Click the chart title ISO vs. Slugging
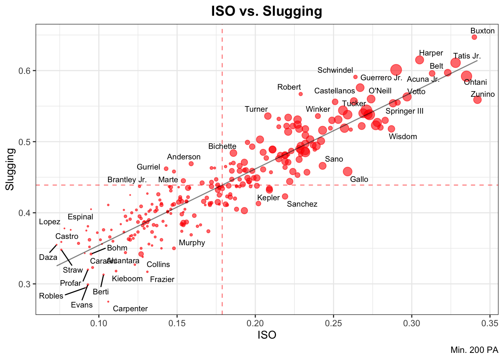tap(267, 11)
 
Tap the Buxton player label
tap(482, 31)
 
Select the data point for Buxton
tap(474, 37)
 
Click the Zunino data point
tap(477, 100)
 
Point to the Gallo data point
tap(348, 171)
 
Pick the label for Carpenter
tap(130, 309)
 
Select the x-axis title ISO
tap(267, 335)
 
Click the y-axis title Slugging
tap(10, 169)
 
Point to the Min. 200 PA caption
tap(474, 350)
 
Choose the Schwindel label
tap(335, 70)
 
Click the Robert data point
tap(300, 94)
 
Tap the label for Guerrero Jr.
tap(381, 78)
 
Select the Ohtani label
tap(475, 82)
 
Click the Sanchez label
tap(302, 204)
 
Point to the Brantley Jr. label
tap(127, 180)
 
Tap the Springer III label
tap(404, 111)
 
